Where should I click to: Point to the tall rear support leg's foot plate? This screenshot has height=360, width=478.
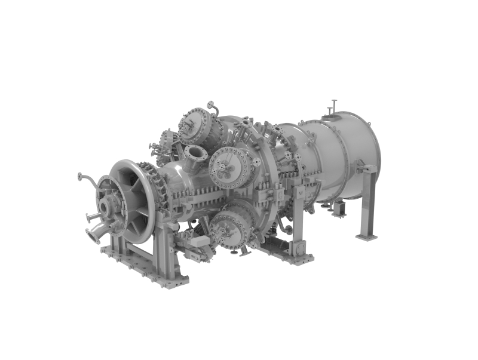tap(366, 237)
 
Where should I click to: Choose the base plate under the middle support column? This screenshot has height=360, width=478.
tap(290, 254)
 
